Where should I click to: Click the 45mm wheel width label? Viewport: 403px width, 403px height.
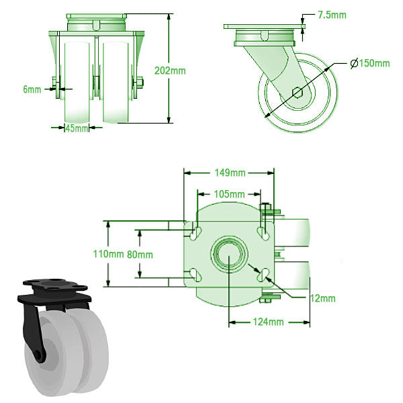click(77, 128)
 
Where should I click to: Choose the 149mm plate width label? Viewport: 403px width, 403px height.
click(228, 172)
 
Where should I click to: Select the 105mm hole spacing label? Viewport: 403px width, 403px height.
click(228, 194)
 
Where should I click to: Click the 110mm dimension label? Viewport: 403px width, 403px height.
click(107, 255)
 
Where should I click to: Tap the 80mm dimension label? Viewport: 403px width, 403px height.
click(140, 255)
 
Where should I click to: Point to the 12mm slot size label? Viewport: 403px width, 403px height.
click(322, 298)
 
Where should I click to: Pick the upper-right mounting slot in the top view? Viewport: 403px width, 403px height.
click(263, 232)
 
